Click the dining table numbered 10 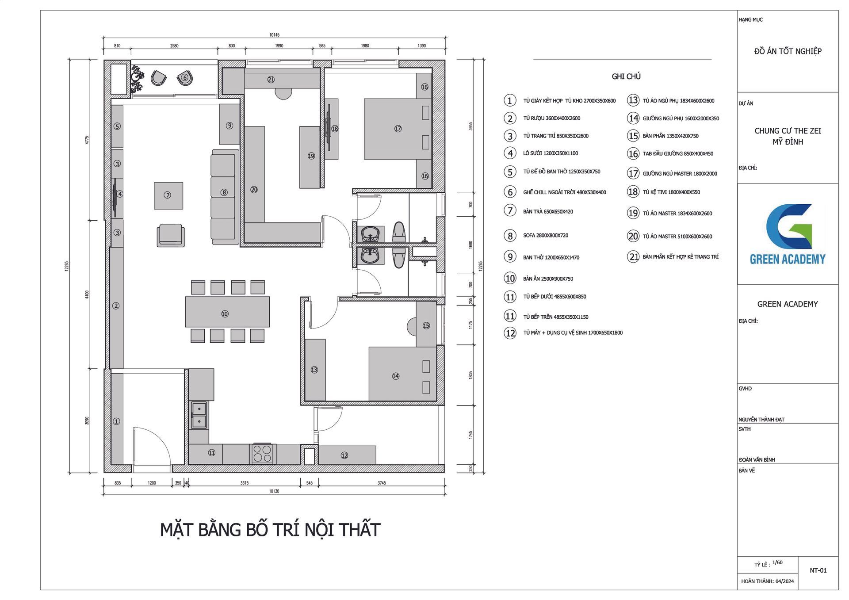pos(227,312)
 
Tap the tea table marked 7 pos(168,195)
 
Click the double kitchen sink pos(199,415)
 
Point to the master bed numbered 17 pos(398,129)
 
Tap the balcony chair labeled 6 pos(185,78)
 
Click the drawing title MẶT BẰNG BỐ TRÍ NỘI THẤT pos(270,530)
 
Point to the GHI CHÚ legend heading pos(626,76)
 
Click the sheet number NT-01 pos(818,570)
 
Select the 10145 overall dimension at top pos(274,34)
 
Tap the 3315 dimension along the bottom pos(245,483)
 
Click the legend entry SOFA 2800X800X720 pos(546,235)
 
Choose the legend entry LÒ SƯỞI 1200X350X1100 pos(551,153)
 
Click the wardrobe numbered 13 pos(315,370)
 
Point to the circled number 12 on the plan pos(344,455)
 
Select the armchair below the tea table pos(171,235)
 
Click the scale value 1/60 pos(777,562)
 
